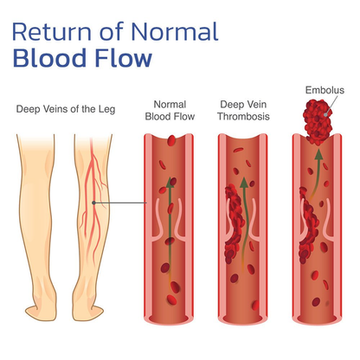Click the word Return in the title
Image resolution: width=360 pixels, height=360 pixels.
(x=52, y=31)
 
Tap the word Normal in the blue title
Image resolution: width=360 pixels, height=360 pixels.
(x=175, y=31)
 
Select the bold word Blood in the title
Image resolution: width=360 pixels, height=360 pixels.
(x=50, y=58)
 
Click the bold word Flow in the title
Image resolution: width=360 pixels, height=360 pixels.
(x=124, y=58)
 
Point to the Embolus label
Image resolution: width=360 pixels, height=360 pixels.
(x=325, y=90)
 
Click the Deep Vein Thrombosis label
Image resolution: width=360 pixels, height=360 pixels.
(x=243, y=111)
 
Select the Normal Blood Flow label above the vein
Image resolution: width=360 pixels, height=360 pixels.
(x=170, y=111)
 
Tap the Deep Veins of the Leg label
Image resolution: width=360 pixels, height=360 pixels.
(x=66, y=109)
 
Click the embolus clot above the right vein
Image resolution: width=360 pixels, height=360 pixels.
(x=318, y=122)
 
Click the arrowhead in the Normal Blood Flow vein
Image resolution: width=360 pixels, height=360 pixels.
(x=170, y=183)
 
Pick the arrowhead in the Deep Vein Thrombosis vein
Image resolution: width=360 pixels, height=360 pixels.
(x=244, y=183)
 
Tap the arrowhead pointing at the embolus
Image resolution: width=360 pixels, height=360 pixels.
(x=318, y=154)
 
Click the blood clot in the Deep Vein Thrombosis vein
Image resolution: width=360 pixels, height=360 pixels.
(x=235, y=223)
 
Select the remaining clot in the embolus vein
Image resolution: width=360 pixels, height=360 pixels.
(x=308, y=225)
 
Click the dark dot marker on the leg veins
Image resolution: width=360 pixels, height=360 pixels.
(x=93, y=202)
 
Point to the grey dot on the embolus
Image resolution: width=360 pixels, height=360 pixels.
(x=325, y=114)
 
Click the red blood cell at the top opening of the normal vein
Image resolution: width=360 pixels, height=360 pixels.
(x=171, y=140)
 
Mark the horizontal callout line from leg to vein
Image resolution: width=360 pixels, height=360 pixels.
(x=120, y=202)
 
